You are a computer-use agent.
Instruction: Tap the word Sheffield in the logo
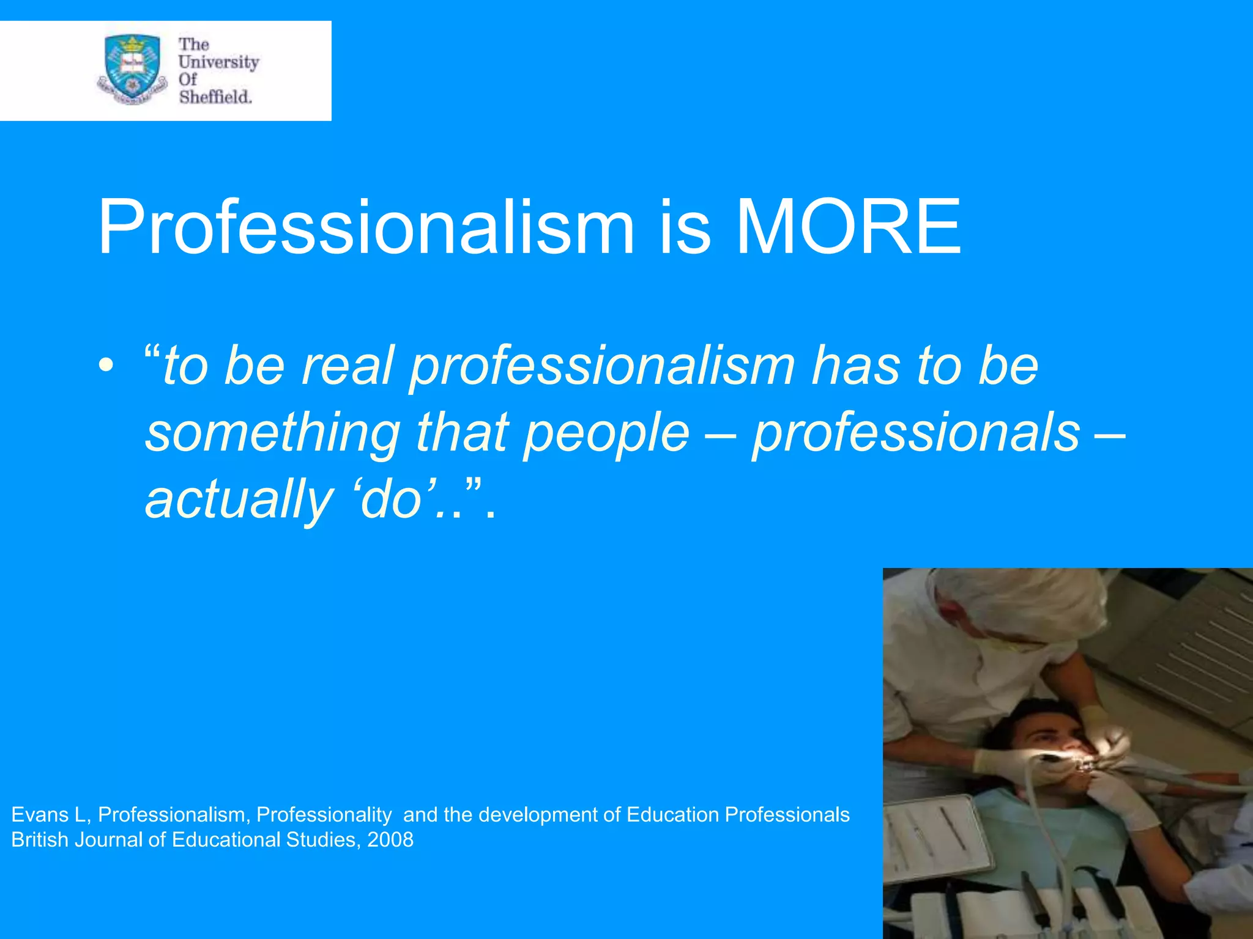215,97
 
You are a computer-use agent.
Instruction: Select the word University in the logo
218,62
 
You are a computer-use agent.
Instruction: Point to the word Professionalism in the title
366,227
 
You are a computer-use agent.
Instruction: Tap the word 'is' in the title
685,227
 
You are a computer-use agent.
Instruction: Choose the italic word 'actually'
239,500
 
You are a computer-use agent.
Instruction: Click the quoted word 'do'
392,500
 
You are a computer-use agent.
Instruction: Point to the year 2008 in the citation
390,840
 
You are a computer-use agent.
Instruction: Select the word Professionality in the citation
324,815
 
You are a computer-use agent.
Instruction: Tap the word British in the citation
40,840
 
